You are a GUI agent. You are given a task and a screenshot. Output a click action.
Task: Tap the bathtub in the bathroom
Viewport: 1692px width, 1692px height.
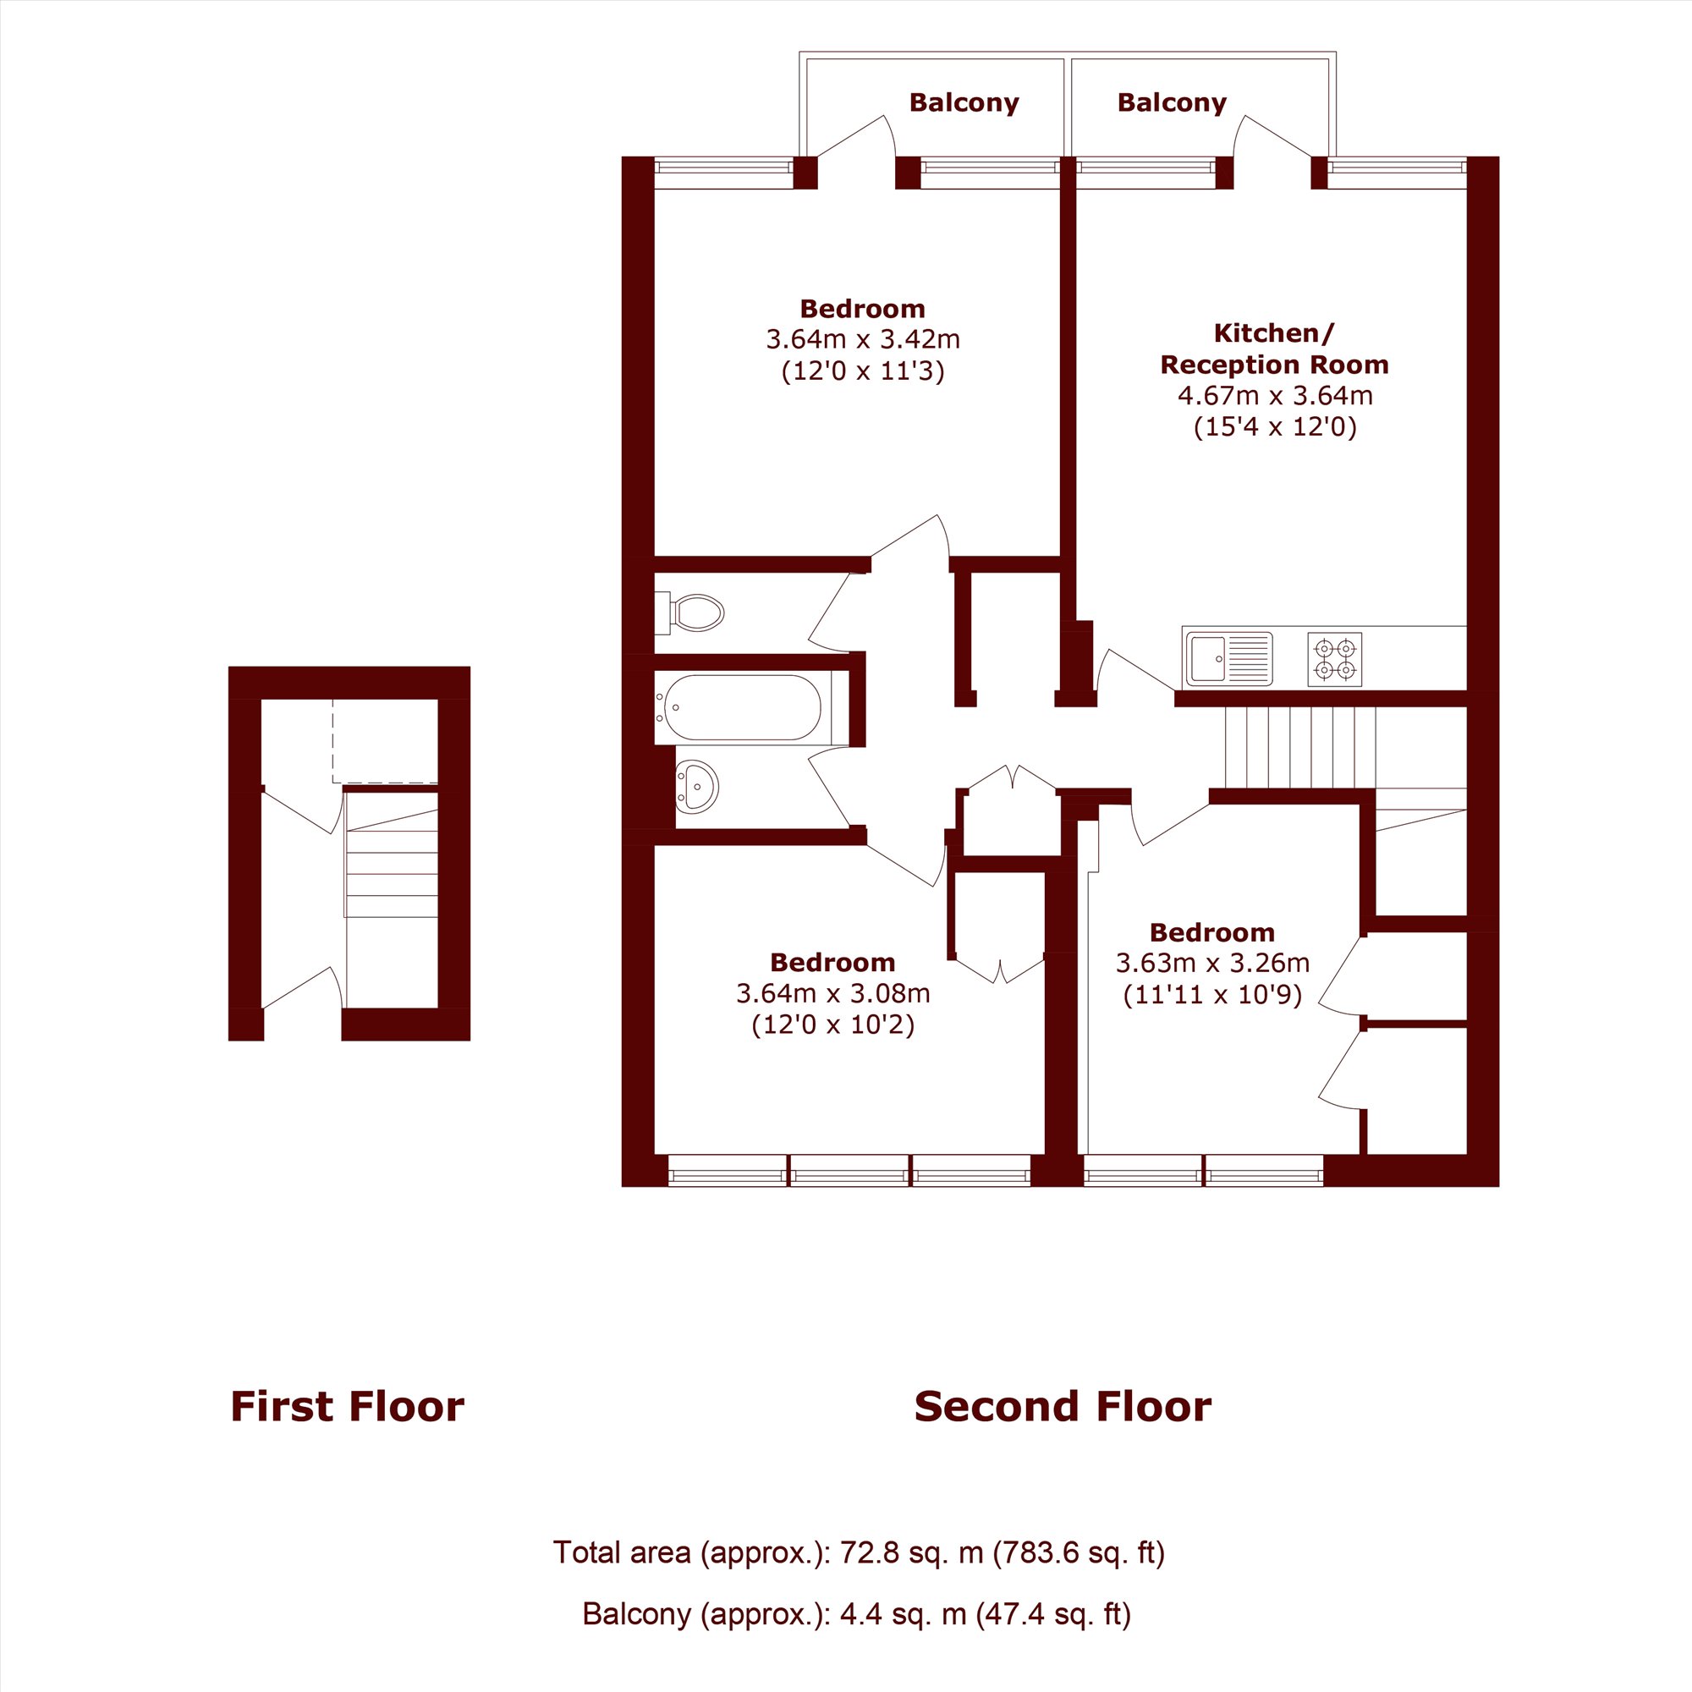point(743,707)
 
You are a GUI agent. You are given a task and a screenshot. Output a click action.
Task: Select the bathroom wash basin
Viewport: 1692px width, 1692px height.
point(697,786)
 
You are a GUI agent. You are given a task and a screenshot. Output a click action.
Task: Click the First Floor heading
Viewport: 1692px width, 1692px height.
point(347,1407)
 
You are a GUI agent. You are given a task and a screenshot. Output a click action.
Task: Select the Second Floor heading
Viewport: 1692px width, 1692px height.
point(1063,1407)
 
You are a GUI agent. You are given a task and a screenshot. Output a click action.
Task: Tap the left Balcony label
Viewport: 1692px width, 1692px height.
point(964,103)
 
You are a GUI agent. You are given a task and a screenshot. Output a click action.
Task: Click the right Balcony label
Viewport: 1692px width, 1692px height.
point(1172,103)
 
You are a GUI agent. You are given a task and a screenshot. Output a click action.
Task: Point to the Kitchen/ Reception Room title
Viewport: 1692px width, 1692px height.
point(1274,349)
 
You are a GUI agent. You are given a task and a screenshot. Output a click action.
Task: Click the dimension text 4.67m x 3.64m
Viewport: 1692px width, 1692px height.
point(1274,396)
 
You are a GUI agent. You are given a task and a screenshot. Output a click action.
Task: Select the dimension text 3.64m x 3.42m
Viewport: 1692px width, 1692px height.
point(863,339)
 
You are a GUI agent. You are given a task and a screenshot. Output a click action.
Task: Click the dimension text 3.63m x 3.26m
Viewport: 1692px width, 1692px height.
point(1212,964)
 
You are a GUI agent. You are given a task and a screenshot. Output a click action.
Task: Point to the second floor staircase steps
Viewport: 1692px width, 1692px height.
point(1300,747)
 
